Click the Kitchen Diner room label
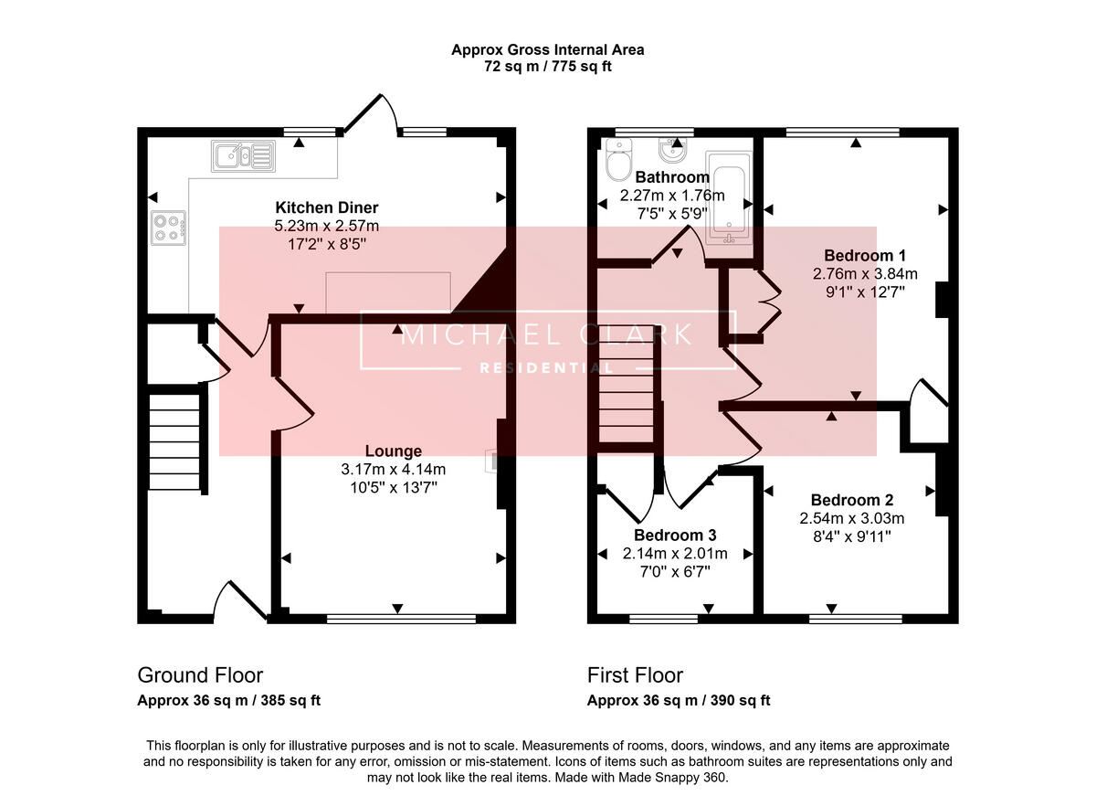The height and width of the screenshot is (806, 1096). [x=326, y=207]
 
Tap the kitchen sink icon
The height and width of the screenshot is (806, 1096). [x=243, y=156]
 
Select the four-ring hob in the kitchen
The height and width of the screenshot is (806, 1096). [x=169, y=227]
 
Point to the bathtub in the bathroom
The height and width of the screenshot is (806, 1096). [x=729, y=202]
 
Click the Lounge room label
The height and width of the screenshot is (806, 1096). [x=393, y=451]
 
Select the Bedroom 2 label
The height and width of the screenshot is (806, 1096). [x=851, y=500]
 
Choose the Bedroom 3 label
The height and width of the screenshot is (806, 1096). [x=675, y=535]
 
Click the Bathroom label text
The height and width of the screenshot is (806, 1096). [x=672, y=177]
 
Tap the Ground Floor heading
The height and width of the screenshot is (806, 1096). [x=200, y=675]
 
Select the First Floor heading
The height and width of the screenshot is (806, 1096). [x=635, y=675]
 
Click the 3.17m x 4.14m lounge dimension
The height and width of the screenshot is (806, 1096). [x=393, y=470]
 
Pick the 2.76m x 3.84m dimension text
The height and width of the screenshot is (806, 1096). [x=864, y=273]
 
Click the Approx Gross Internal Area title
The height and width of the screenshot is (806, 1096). [x=547, y=49]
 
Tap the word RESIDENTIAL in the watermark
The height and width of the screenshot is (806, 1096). [x=547, y=368]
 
